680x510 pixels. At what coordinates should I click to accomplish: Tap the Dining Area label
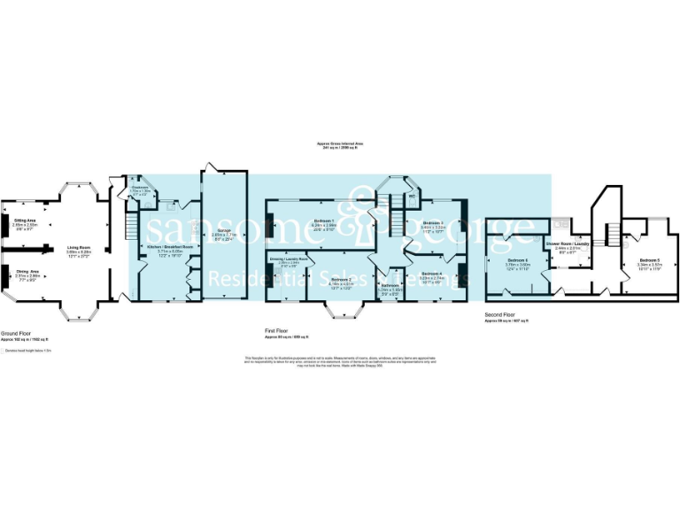(25, 272)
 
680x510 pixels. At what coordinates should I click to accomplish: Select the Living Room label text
(79, 248)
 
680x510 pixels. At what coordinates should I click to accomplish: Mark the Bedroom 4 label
(431, 274)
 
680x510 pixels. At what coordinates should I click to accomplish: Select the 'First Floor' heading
(276, 330)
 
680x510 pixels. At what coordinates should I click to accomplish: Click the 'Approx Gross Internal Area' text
(340, 143)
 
